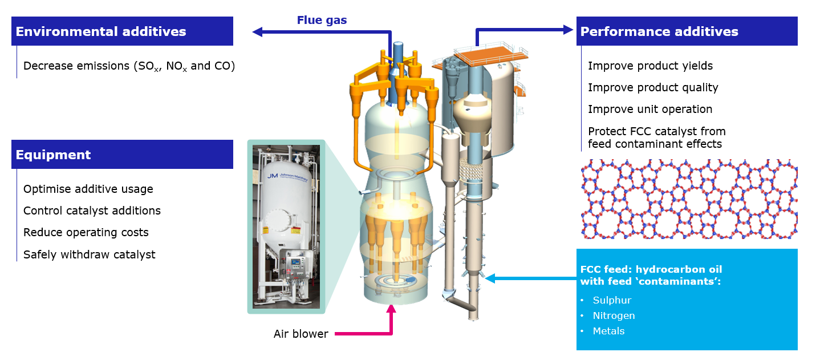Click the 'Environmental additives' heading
(x=101, y=31)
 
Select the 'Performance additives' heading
(x=659, y=31)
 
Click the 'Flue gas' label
(x=322, y=21)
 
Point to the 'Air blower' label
(x=301, y=334)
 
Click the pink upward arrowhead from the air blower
(x=391, y=310)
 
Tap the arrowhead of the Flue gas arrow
(x=258, y=33)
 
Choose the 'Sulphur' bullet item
(x=612, y=300)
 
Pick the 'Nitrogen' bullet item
(x=614, y=315)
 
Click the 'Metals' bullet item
(x=608, y=331)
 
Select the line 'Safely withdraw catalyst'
(x=89, y=254)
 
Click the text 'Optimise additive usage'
(x=88, y=189)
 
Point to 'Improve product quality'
(x=653, y=87)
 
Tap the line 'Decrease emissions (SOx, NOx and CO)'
(x=129, y=66)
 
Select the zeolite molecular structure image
(x=689, y=199)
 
